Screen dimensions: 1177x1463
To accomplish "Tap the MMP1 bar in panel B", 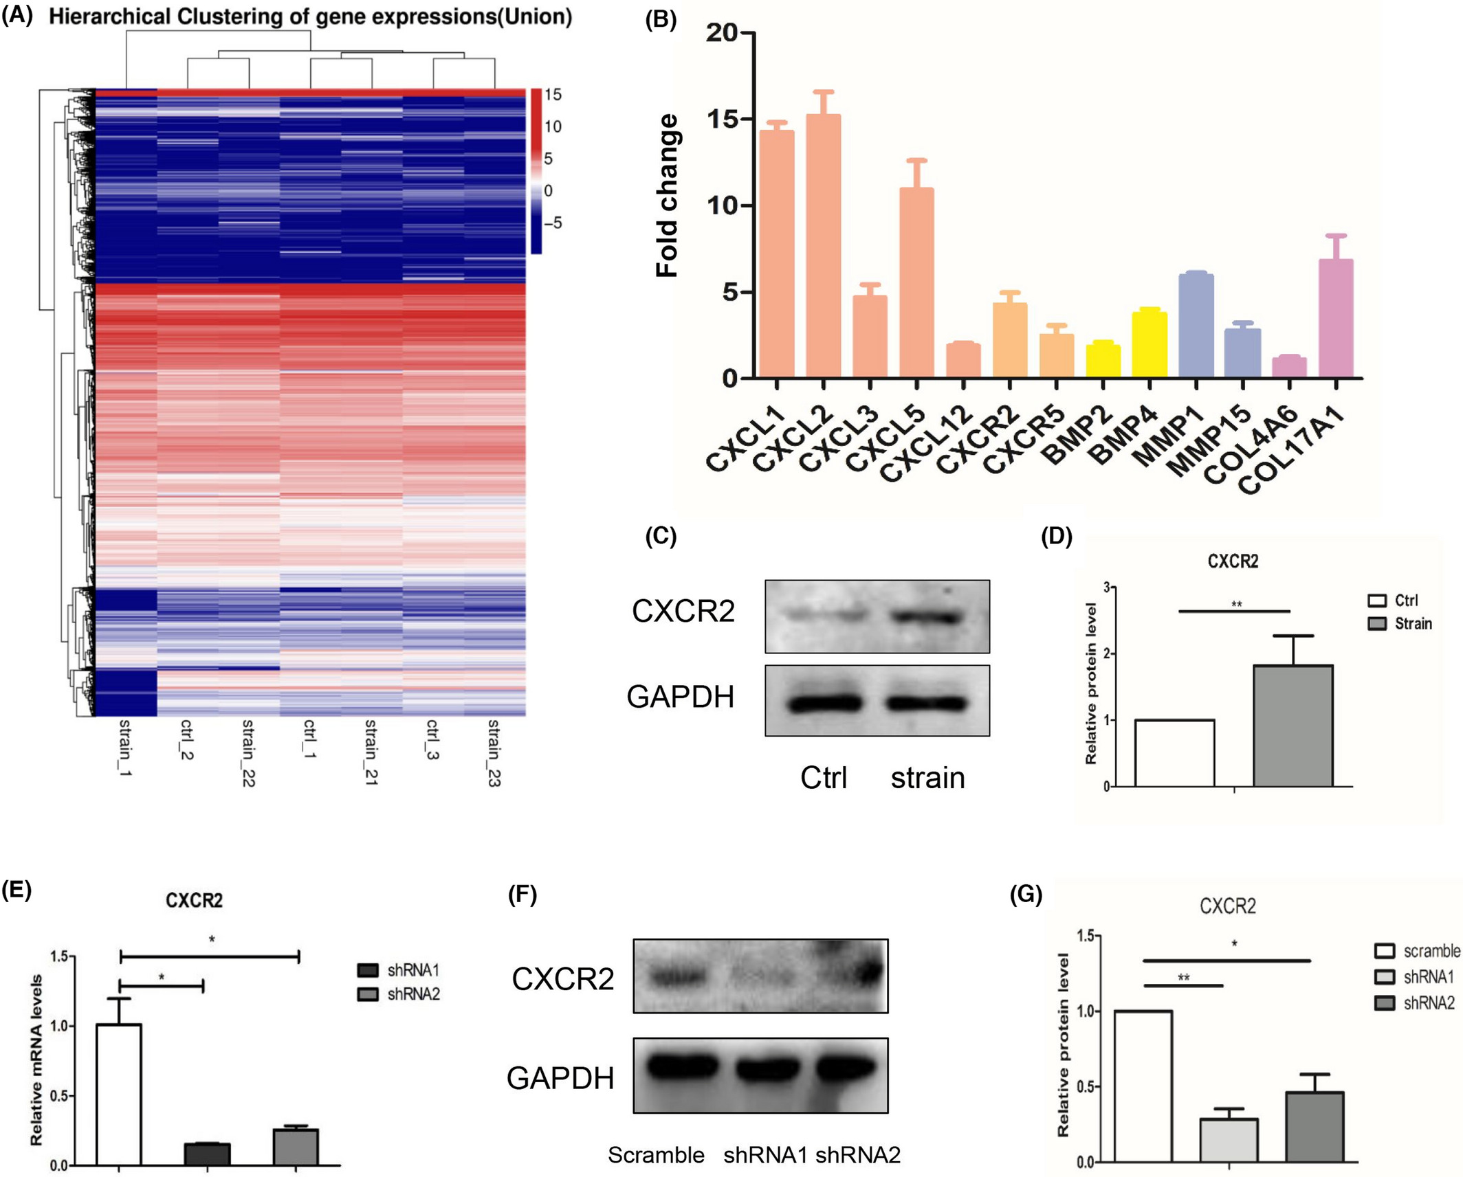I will tap(1196, 326).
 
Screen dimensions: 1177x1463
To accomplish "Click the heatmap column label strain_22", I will tap(248, 752).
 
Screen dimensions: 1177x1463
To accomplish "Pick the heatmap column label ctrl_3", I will tap(432, 739).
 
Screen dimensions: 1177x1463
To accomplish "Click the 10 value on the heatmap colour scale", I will tap(553, 126).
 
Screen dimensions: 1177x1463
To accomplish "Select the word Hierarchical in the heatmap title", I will tap(109, 16).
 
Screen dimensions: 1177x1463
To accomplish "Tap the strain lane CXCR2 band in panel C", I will tap(926, 617).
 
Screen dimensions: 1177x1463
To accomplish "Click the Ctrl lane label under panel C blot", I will tap(824, 778).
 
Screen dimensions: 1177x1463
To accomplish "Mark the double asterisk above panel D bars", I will tap(1236, 605).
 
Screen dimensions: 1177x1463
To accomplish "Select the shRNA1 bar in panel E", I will tap(207, 1154).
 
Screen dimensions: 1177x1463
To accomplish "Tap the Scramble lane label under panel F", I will tap(656, 1155).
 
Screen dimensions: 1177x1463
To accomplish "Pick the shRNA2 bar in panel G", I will tap(1314, 1126).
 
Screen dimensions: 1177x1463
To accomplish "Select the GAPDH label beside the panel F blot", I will tap(560, 1078).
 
